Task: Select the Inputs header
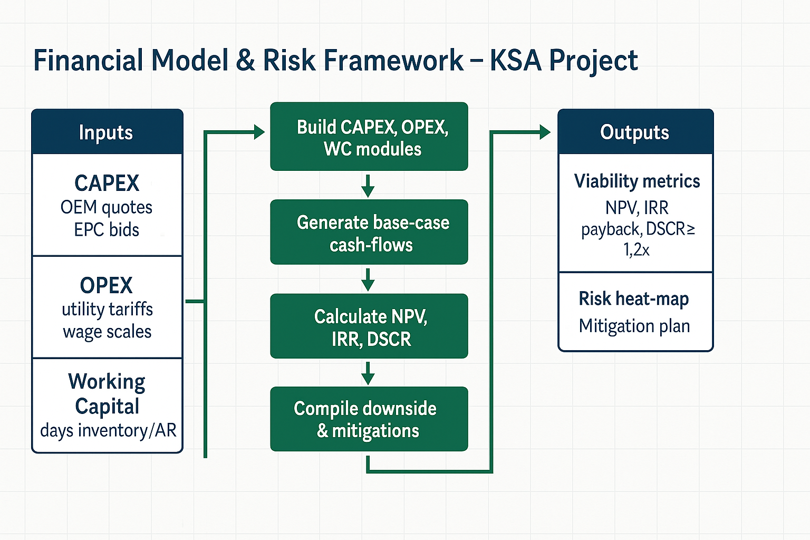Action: [x=106, y=132]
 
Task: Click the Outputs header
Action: [x=634, y=132]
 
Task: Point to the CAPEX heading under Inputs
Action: [x=107, y=183]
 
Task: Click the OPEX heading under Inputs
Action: [x=107, y=285]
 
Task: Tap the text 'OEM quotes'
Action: [x=107, y=208]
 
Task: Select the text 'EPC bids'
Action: [x=107, y=230]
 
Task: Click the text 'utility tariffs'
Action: [x=108, y=310]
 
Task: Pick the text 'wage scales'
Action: [x=107, y=332]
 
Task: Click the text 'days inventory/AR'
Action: [x=108, y=431]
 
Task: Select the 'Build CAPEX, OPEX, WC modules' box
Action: [x=369, y=137]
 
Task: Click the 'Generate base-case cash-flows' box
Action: [x=369, y=232]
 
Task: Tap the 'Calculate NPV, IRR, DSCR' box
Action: [x=369, y=326]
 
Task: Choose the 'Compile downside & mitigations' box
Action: [x=369, y=419]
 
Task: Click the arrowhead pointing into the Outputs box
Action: [x=545, y=132]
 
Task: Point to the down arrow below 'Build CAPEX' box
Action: [x=368, y=186]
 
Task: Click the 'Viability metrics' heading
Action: [x=637, y=181]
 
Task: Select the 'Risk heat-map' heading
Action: [x=634, y=299]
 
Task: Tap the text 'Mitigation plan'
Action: [x=634, y=326]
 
